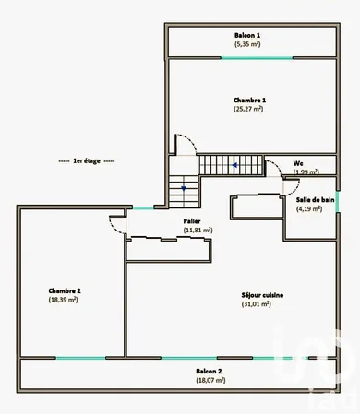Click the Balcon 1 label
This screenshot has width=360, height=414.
pos(248,35)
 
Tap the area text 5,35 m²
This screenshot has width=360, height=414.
pos(248,43)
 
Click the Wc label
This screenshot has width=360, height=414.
pos(299,163)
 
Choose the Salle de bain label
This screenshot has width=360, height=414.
pos(315,200)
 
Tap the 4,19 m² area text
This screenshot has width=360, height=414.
pos(309,209)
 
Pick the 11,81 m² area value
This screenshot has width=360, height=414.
pos(198,230)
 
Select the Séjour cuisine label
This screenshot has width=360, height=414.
pos(262,295)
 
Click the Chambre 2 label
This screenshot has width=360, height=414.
pos(65,291)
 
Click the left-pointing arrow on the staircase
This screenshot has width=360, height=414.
pos(236,165)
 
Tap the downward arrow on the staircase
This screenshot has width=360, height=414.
pos(183,188)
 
